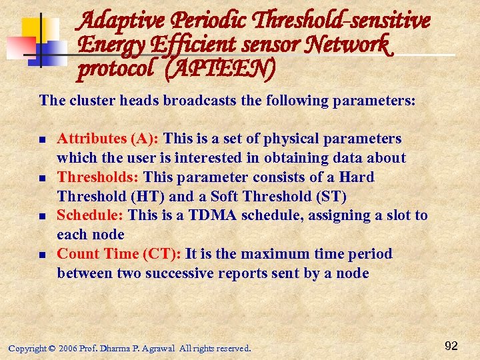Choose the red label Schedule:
pyautogui.click(x=90, y=215)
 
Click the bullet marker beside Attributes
pyautogui.click(x=42, y=140)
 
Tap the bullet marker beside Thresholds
pyautogui.click(x=42, y=179)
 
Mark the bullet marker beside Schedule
pyautogui.click(x=42, y=217)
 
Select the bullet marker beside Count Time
pyautogui.click(x=42, y=255)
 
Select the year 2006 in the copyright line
pyautogui.click(x=70, y=349)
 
